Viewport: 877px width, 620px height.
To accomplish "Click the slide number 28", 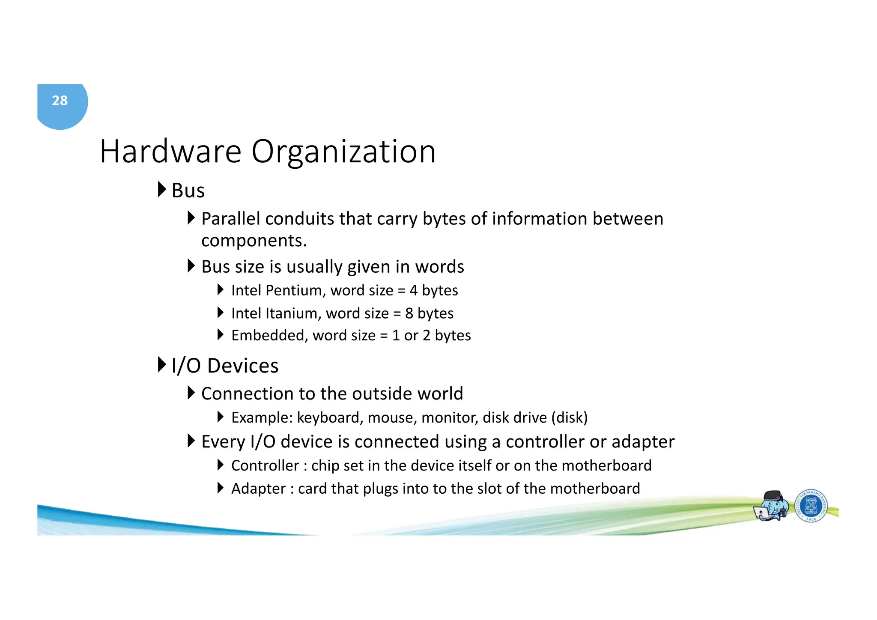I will click(60, 101).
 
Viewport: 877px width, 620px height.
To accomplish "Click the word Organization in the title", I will click(343, 152).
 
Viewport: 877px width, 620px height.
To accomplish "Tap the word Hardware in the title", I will click(170, 152).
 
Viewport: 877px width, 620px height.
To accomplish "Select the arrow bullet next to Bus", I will click(161, 189).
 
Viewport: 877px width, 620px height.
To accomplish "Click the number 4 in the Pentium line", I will click(413, 290).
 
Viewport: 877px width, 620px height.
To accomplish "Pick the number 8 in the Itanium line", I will click(409, 313).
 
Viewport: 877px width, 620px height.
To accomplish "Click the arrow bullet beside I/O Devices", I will click(161, 365).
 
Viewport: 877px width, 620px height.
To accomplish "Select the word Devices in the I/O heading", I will click(243, 366).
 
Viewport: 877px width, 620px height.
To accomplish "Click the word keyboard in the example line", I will click(328, 417).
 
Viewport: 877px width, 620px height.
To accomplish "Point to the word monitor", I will click(450, 417).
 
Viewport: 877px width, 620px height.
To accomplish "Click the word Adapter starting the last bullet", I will click(258, 489).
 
